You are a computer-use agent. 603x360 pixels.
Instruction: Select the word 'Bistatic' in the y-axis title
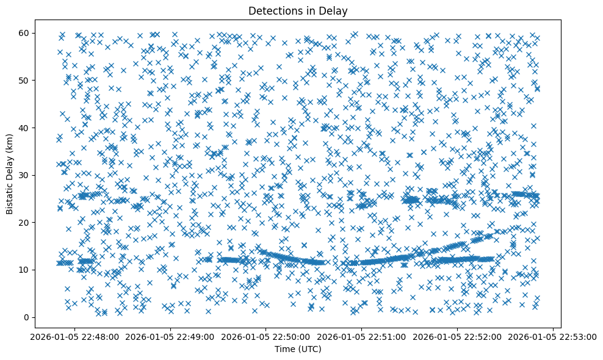10,199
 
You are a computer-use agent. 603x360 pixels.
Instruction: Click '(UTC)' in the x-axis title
312,349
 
